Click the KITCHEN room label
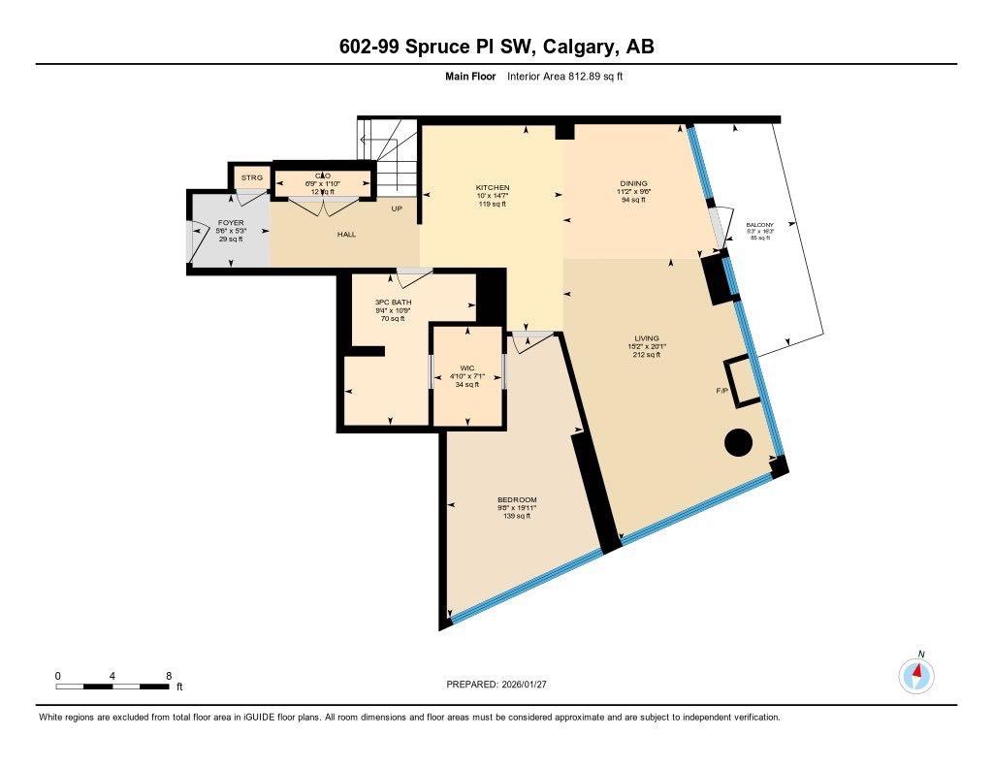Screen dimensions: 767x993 492,187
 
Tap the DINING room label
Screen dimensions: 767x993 634,183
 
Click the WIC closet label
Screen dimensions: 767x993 466,368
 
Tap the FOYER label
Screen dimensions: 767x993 230,223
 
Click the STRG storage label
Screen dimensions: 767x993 252,177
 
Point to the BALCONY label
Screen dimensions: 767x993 759,224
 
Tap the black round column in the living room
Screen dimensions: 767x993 739,443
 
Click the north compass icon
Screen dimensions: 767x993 916,673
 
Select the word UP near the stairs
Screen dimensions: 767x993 397,208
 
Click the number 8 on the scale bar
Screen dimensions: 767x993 168,675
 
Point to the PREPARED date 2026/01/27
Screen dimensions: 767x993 530,685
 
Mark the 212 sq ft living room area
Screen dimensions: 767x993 646,355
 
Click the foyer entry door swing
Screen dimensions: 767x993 196,240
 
